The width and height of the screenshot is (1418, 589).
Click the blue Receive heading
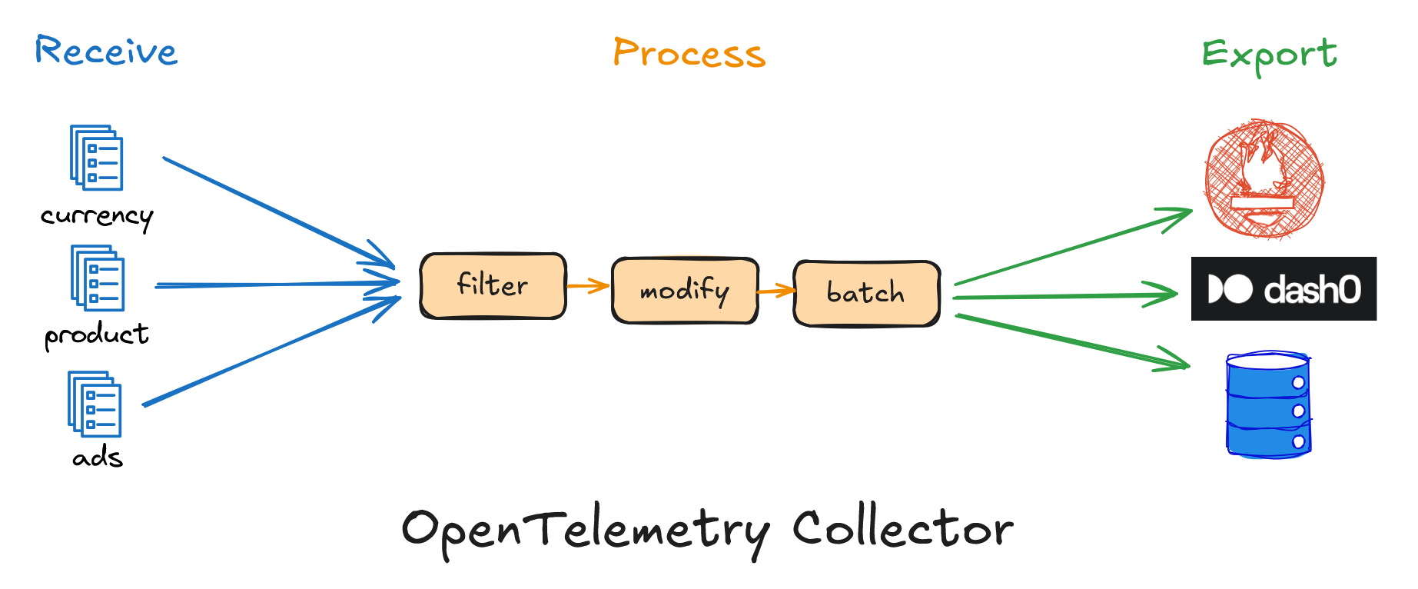pos(106,52)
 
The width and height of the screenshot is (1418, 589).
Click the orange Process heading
pos(689,54)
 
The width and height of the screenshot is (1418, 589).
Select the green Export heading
pos(1269,55)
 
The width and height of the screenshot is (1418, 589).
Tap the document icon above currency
pos(97,158)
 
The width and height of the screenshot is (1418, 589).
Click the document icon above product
pos(98,278)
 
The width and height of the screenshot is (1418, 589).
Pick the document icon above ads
pos(95,404)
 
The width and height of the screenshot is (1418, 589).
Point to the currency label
pos(97,217)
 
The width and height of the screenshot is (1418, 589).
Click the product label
pos(96,335)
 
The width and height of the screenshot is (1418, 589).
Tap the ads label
pos(98,458)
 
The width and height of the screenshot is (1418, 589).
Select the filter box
pos(493,285)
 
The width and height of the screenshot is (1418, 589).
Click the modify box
pos(685,291)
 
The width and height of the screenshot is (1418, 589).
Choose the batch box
pos(866,293)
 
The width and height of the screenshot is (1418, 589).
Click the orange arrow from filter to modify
pos(588,286)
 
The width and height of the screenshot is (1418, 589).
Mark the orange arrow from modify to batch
pos(775,291)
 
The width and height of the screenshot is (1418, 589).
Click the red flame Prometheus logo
pos(1264,178)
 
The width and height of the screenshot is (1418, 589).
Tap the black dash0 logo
pos(1284,289)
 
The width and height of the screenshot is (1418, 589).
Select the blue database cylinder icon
pos(1268,405)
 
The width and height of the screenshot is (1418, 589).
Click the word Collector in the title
pos(902,529)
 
